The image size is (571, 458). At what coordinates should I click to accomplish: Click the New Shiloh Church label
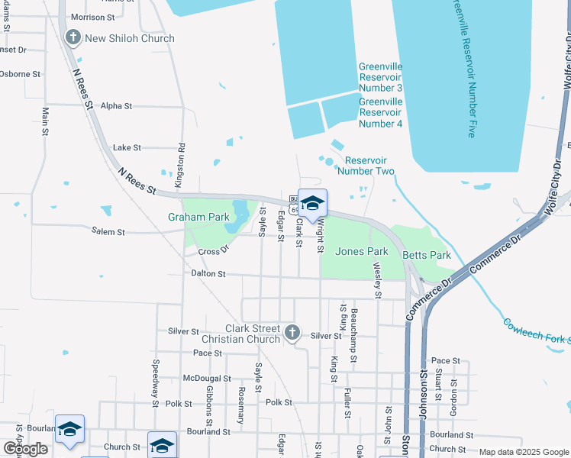tap(129, 38)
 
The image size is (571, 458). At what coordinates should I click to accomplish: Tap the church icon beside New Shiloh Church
tap(73, 37)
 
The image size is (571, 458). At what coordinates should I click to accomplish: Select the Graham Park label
tap(198, 217)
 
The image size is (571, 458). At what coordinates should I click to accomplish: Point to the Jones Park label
tap(362, 251)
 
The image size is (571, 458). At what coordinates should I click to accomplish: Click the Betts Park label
tap(427, 256)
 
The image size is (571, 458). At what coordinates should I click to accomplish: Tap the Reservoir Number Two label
tap(369, 166)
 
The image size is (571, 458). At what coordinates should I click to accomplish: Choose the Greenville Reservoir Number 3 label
tap(380, 77)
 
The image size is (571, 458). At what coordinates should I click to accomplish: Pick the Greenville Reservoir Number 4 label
tap(380, 112)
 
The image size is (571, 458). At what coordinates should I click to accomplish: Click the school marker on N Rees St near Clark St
tap(311, 204)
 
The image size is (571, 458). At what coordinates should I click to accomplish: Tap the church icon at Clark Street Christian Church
tap(291, 332)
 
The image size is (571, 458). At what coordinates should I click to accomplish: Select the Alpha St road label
tap(116, 106)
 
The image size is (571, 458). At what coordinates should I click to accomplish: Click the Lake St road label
tap(127, 147)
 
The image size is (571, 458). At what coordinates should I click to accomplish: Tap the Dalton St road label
tap(208, 273)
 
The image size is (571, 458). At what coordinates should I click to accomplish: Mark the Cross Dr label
tap(214, 252)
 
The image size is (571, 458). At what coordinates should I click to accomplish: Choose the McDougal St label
tap(207, 379)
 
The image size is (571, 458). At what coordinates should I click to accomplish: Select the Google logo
tap(25, 450)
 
